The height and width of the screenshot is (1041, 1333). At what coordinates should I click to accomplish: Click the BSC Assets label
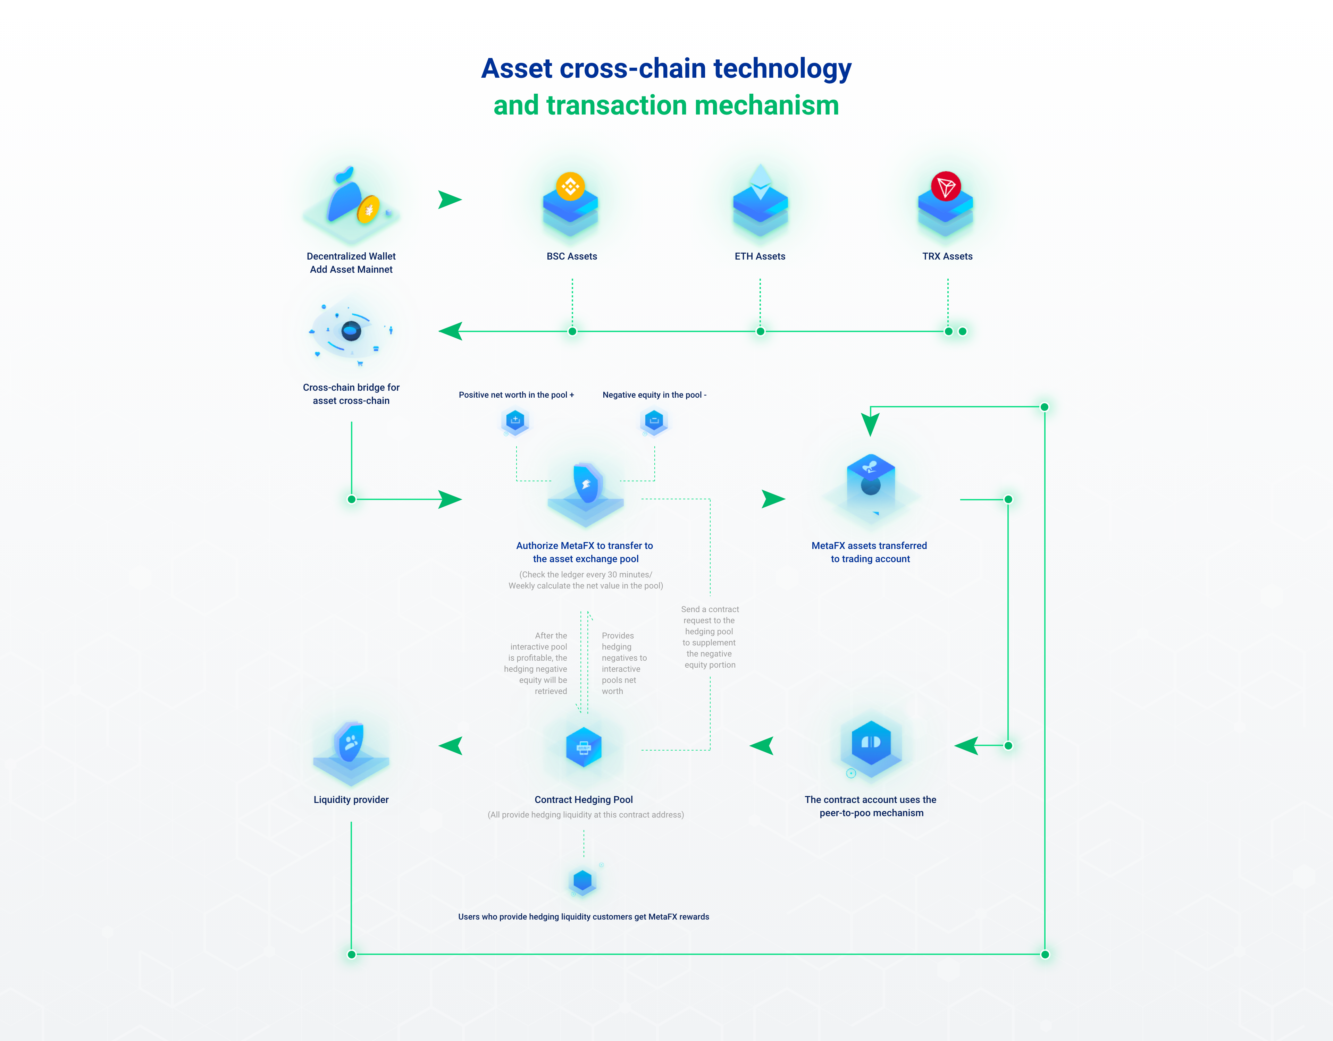(x=571, y=256)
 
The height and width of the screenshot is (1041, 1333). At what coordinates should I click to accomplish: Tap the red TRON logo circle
(x=946, y=186)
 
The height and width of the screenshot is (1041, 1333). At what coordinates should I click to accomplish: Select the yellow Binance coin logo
(x=570, y=186)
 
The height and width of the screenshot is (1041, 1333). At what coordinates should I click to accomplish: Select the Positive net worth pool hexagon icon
(x=515, y=421)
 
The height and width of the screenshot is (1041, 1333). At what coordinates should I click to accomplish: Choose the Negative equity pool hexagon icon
(x=654, y=421)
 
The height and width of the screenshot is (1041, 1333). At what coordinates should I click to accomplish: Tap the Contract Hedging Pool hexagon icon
(x=584, y=747)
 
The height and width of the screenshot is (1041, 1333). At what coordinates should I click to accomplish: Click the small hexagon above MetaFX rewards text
(x=583, y=881)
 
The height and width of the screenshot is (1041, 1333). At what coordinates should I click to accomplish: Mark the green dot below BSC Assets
(x=572, y=331)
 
